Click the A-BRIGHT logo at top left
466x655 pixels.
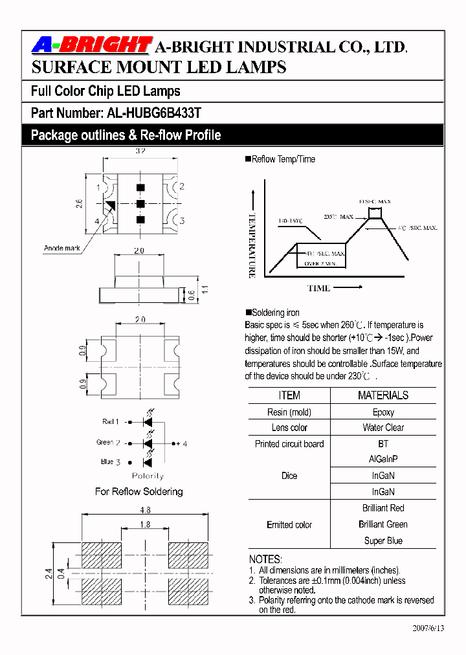(91, 45)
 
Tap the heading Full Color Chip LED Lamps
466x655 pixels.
(105, 91)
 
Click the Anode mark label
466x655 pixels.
(62, 248)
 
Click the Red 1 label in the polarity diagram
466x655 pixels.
(110, 421)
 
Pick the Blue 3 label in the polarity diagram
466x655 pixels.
(111, 461)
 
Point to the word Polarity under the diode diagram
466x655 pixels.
(148, 475)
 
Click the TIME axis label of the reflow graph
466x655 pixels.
(318, 288)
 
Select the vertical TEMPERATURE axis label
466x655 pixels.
(252, 246)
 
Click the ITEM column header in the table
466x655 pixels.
(289, 395)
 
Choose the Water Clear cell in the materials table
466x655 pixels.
(383, 428)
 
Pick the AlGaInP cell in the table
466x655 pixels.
(383, 460)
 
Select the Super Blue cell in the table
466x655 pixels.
(383, 541)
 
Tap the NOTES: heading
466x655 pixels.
(265, 559)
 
